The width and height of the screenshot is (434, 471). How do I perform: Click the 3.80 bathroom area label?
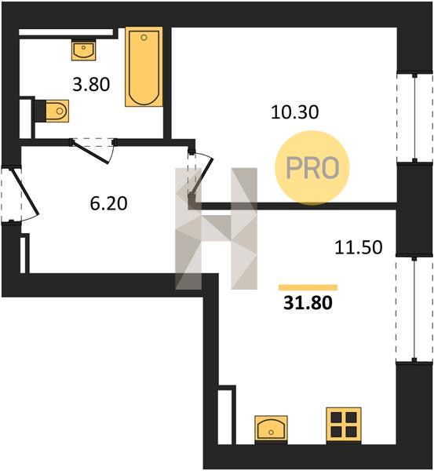point(91,85)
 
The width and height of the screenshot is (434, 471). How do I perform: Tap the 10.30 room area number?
point(294,112)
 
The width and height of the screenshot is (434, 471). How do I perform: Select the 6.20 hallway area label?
point(109,203)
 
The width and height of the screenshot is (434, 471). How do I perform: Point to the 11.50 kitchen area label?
point(359,248)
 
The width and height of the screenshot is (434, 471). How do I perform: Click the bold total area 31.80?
point(308,303)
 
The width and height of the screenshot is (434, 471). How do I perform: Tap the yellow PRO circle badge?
point(312,168)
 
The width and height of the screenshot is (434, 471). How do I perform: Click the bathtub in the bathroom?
point(144,67)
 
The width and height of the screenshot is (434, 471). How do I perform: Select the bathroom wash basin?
point(83,50)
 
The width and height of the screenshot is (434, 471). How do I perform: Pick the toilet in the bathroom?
point(57,111)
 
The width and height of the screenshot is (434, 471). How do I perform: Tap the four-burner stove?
point(344,425)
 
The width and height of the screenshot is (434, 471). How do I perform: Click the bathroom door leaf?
point(91,152)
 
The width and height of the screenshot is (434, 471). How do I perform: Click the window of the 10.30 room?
point(415,118)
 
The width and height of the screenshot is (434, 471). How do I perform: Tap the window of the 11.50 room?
point(414,309)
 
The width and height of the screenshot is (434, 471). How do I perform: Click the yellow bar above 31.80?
point(308,287)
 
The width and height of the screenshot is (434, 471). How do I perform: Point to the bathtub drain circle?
point(144,38)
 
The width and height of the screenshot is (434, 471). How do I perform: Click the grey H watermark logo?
point(217,228)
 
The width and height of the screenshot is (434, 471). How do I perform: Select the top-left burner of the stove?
point(337,418)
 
